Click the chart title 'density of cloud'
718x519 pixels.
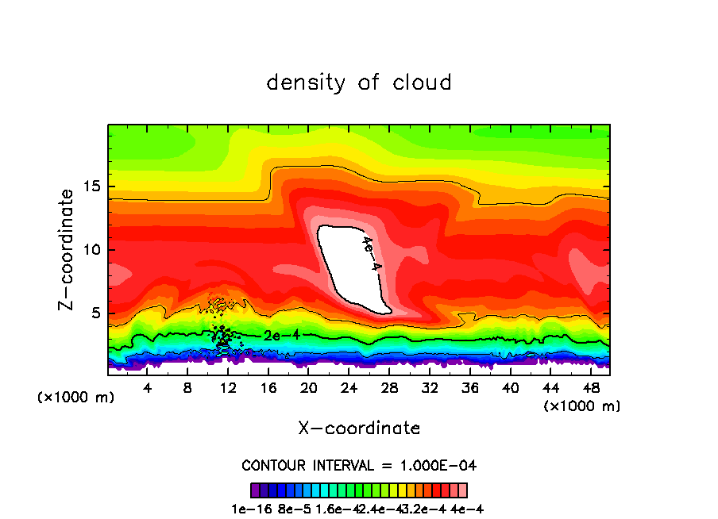click(359, 83)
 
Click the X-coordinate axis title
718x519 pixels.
click(359, 429)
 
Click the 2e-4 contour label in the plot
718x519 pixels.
click(282, 336)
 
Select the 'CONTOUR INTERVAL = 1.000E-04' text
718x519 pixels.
click(359, 465)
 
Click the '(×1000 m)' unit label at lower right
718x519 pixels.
click(582, 406)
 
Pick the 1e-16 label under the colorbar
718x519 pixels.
click(249, 509)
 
